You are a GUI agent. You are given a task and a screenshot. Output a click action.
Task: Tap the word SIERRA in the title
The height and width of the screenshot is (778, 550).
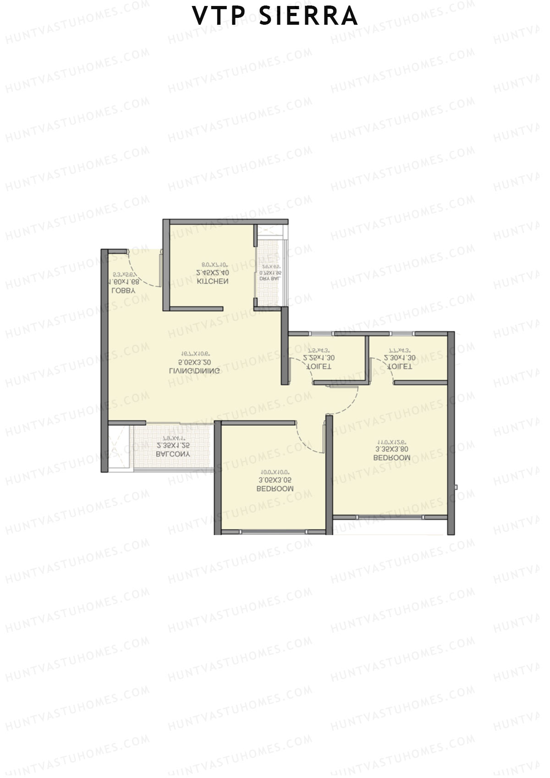[x=308, y=16]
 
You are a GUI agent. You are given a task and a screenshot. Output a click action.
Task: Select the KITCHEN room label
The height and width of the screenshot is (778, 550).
[x=212, y=281]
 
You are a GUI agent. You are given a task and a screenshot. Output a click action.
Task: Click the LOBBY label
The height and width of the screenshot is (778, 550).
[x=123, y=291]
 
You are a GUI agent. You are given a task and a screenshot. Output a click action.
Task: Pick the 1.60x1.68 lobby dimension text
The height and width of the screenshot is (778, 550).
[x=123, y=281]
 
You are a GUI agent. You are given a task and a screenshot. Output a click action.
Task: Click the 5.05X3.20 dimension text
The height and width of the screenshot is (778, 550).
[x=194, y=362]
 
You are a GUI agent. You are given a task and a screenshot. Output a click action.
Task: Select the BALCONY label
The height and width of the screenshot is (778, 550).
[x=173, y=454]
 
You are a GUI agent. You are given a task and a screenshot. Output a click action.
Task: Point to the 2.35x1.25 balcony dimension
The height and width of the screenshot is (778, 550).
[x=173, y=445]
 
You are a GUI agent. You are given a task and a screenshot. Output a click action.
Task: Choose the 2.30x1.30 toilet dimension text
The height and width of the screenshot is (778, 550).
[x=400, y=358]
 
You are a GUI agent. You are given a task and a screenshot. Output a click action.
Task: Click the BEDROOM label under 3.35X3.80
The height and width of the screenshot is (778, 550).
[x=391, y=458]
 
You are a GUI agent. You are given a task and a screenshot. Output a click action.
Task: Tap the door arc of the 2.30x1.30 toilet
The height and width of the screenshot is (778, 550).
[x=384, y=367]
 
